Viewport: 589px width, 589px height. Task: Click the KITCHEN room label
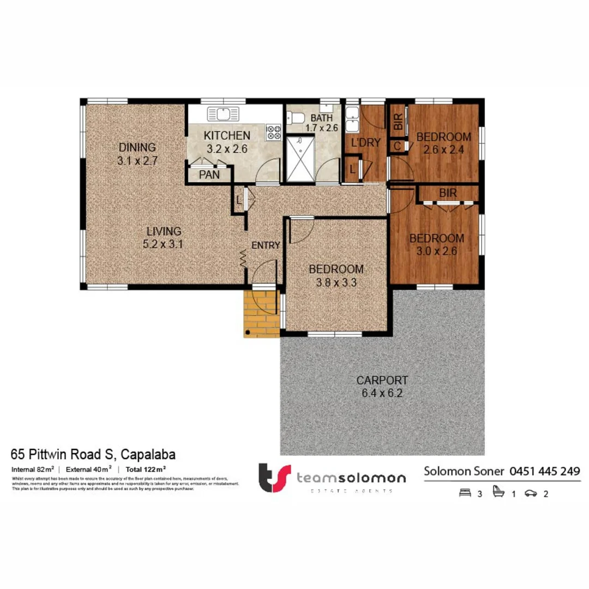click(x=227, y=135)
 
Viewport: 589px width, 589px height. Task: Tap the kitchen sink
click(x=223, y=114)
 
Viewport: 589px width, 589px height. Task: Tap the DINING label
click(x=137, y=147)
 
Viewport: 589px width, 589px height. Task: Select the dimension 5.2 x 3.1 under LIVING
click(x=162, y=244)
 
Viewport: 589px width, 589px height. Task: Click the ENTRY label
click(x=266, y=245)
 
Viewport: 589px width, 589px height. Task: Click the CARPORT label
click(x=382, y=380)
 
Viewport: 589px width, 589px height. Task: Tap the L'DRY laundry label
click(x=365, y=144)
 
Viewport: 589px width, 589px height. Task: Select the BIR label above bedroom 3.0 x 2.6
click(x=448, y=193)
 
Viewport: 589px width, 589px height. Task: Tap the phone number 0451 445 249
click(x=544, y=471)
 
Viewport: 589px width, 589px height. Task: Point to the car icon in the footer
click(x=530, y=494)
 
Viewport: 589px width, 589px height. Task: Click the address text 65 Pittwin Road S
click(x=63, y=454)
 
